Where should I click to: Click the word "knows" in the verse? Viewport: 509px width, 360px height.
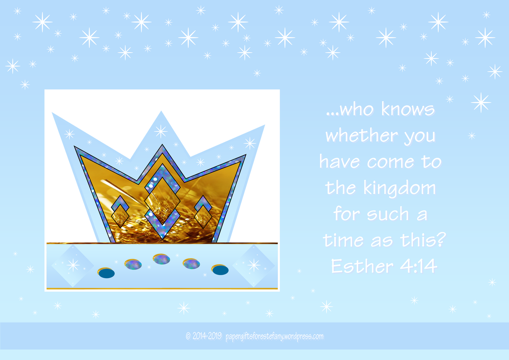408,109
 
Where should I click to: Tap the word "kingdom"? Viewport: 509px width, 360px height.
399,189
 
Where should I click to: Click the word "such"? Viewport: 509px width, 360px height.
388,215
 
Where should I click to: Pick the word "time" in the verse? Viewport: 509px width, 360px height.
343,240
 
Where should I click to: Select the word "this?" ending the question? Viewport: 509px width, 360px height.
423,239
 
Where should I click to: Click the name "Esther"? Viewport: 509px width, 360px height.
362,266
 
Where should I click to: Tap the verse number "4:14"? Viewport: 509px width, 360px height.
419,266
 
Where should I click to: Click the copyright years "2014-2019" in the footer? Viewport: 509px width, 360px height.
207,336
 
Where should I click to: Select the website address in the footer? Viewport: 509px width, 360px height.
274,337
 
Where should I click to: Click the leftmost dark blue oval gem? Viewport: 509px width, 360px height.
107,273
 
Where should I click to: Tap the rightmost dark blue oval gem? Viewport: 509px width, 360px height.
220,270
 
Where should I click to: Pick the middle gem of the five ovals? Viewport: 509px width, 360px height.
162,259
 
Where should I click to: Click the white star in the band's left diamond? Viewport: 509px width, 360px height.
73,265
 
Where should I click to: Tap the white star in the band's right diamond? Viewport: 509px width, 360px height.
254,265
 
